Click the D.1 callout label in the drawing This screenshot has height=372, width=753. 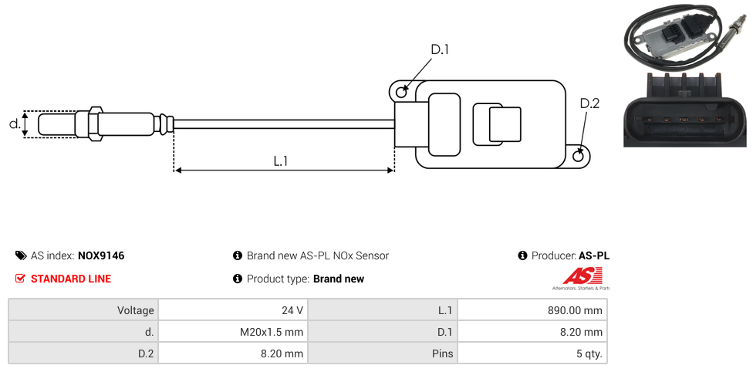439,49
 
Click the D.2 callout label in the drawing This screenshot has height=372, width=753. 589,104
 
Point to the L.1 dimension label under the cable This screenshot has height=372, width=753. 281,161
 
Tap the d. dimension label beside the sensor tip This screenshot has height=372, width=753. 14,123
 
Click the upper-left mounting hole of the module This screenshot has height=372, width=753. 401,93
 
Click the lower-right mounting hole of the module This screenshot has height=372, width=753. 579,157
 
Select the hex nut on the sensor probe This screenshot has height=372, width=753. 96,123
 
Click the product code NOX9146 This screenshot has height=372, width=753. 101,255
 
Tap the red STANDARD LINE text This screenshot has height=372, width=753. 71,279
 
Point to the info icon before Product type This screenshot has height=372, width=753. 238,279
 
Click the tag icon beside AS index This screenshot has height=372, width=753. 21,255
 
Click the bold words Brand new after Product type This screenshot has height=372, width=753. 339,279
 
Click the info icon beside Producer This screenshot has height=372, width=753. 523,255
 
